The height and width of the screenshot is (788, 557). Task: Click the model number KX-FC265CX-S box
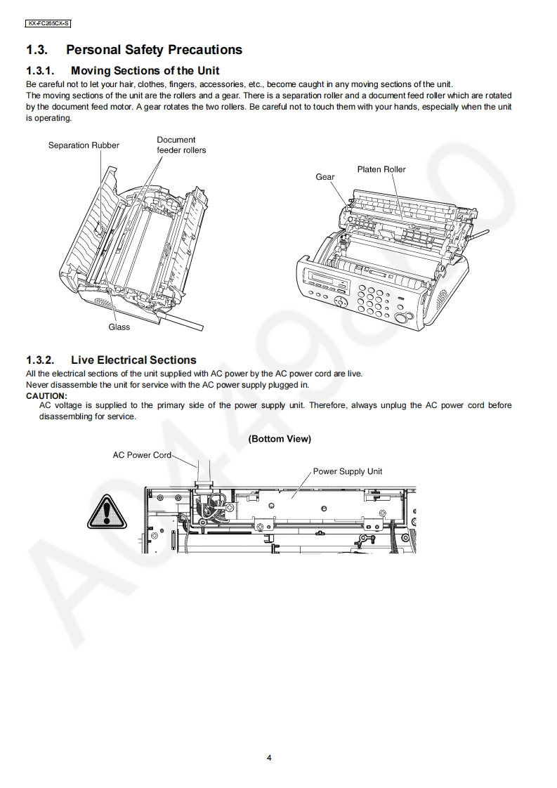click(48, 23)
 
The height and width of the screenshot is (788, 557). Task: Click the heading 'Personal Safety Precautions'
click(154, 50)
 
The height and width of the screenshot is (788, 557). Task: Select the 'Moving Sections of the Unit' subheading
click(145, 70)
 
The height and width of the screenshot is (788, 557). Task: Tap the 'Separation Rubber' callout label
click(84, 145)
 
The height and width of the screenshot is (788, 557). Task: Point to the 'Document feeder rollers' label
click(181, 145)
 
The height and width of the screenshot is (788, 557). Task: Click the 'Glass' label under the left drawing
click(119, 327)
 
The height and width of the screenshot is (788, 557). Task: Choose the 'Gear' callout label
click(325, 177)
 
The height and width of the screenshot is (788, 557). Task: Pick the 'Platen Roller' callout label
click(381, 169)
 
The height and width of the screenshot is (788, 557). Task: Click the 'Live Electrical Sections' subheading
click(133, 360)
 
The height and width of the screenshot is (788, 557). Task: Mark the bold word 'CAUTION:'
click(46, 395)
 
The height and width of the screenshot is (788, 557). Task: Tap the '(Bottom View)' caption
click(280, 439)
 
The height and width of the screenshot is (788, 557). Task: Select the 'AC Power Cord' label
click(142, 455)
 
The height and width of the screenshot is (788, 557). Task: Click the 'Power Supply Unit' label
click(348, 471)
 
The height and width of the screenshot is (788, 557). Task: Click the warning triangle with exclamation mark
click(107, 511)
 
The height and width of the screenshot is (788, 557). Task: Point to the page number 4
click(269, 758)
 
